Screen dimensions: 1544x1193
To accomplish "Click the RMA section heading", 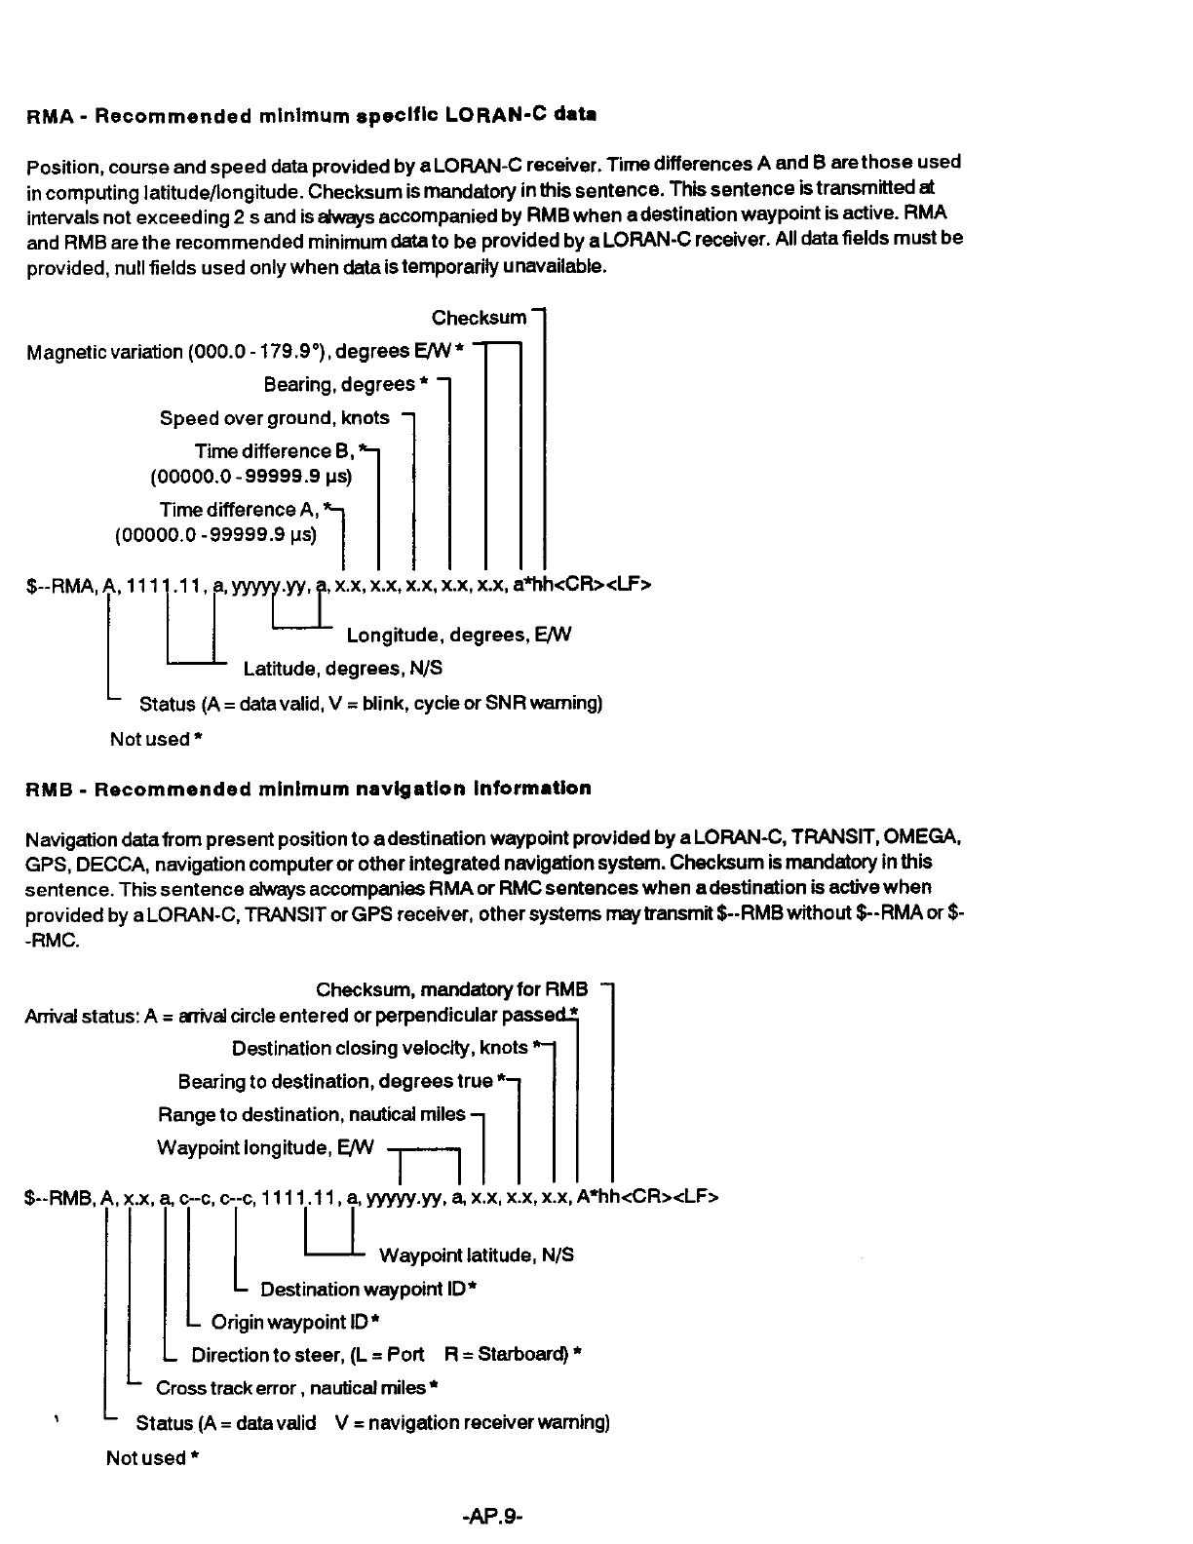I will (x=311, y=115).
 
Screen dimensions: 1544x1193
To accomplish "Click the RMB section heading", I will (x=308, y=789).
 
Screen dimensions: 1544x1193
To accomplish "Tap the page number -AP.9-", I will (x=494, y=1516).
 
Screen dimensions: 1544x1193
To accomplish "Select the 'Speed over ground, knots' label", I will (x=274, y=418).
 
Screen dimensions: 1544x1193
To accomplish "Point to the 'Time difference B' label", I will (x=277, y=451).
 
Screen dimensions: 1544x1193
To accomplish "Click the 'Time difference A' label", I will (x=241, y=510).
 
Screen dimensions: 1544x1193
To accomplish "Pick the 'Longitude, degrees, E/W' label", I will (x=459, y=636).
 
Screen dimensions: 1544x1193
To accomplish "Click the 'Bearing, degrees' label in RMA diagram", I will (x=345, y=385).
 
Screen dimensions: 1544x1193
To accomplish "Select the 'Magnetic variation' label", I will (x=245, y=352).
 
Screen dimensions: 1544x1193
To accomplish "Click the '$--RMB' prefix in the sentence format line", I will (x=58, y=1197).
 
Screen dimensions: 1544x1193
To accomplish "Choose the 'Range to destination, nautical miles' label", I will (x=312, y=1114).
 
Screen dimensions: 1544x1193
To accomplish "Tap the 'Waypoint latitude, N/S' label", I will (x=476, y=1255).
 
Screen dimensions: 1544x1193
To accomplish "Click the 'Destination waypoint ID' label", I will (x=367, y=1290).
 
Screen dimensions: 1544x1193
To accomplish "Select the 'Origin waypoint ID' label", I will (x=294, y=1323).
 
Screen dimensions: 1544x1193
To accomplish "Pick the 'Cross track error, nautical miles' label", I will (x=295, y=1388).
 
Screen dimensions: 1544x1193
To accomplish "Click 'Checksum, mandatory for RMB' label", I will (x=451, y=990).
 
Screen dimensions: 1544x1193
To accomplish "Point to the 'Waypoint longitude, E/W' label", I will (x=265, y=1148).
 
